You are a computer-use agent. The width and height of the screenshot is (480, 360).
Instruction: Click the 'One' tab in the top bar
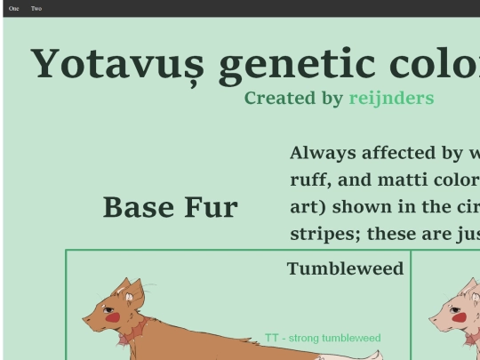coord(13,8)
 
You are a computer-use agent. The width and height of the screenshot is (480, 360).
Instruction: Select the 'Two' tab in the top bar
coord(36,8)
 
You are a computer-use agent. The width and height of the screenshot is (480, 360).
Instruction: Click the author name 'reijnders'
coord(391,98)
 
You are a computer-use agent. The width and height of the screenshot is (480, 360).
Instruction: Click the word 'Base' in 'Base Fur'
coord(138,207)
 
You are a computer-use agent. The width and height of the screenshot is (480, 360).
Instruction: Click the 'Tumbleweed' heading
coord(345,268)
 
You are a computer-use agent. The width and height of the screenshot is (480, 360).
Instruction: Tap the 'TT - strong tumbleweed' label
coord(323,338)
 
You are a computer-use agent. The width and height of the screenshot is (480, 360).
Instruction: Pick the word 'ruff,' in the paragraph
coord(312,180)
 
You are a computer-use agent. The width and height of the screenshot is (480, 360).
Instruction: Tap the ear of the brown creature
coord(135,292)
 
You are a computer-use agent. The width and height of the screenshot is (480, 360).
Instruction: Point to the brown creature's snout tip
coord(86,317)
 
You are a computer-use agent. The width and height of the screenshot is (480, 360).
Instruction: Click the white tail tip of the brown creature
coord(372,356)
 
